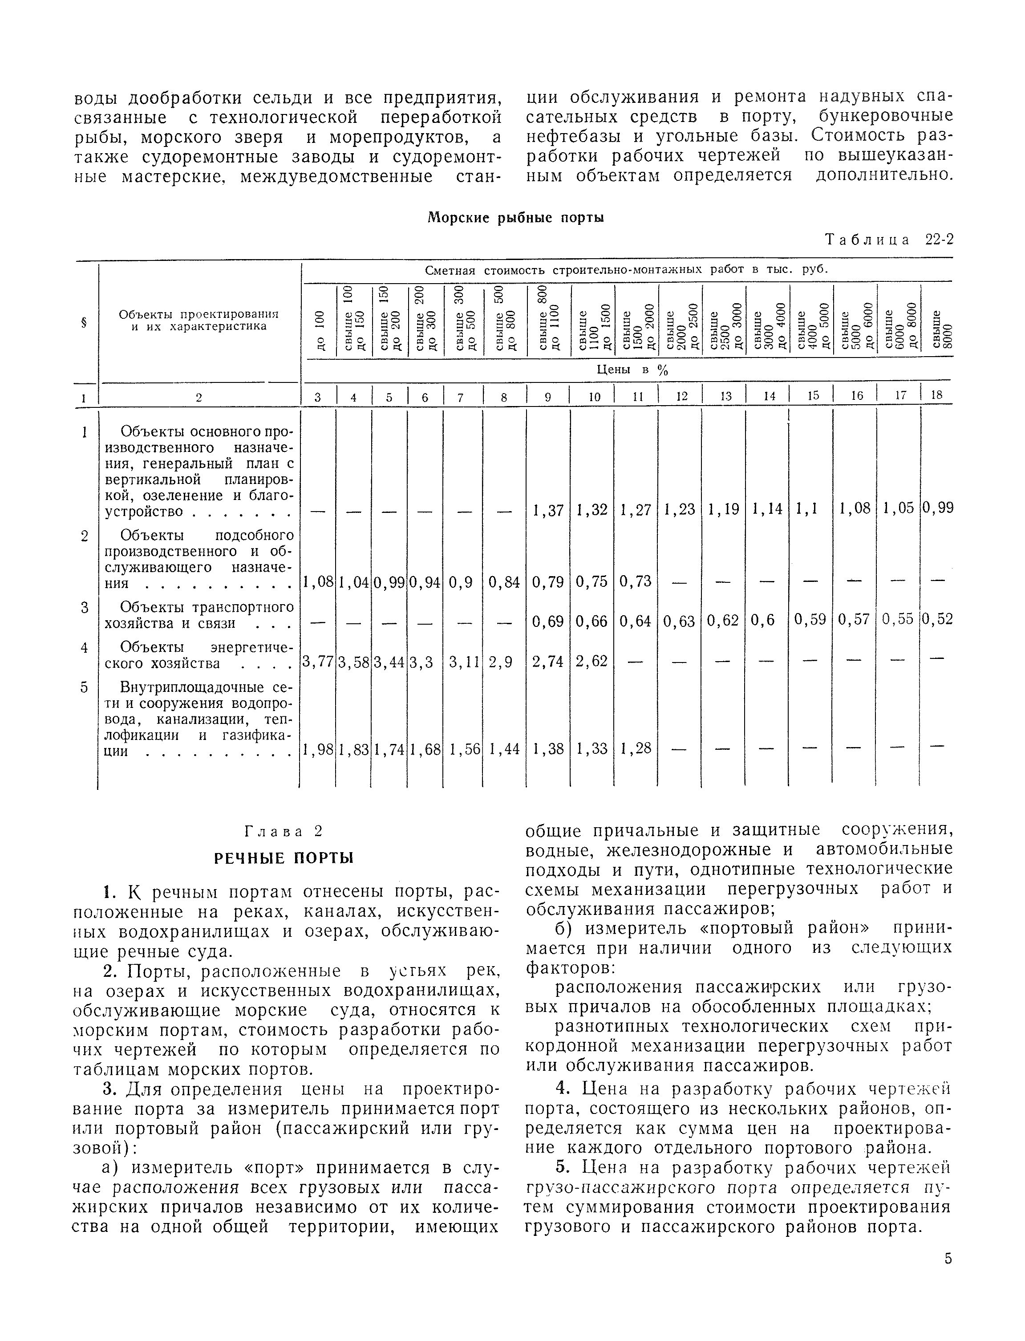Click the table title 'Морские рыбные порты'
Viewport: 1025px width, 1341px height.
(x=515, y=218)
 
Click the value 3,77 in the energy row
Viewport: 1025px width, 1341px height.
(x=317, y=661)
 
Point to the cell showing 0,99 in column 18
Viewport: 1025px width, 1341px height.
(x=937, y=508)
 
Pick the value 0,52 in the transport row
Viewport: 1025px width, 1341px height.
(x=937, y=620)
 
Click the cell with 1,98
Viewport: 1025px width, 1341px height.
(x=317, y=749)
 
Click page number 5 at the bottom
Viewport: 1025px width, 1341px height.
(x=948, y=1259)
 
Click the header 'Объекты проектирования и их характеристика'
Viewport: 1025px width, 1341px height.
(x=199, y=320)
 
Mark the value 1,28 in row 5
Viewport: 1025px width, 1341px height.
(x=635, y=749)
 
